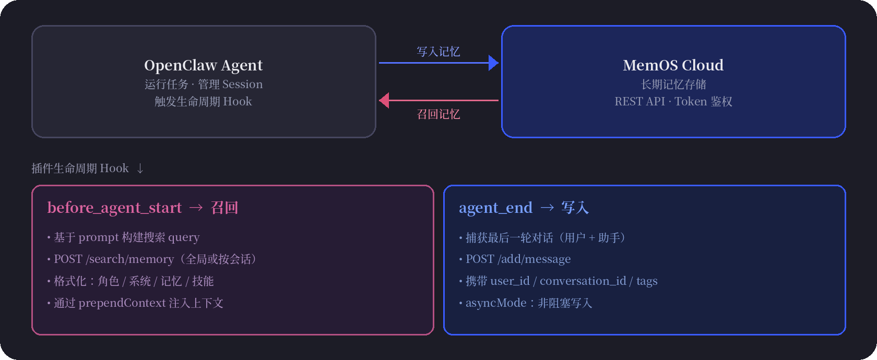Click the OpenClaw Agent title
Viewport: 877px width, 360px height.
[203, 65]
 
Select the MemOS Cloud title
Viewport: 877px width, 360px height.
[673, 65]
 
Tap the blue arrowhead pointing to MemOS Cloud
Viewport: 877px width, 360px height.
[493, 63]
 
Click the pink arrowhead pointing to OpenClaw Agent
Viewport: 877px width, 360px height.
[385, 100]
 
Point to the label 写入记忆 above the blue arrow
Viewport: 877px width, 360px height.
[438, 52]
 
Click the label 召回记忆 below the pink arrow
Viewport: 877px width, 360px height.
[438, 114]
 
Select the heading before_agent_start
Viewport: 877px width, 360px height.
[114, 208]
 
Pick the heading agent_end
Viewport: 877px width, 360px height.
[495, 208]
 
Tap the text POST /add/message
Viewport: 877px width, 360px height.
[518, 259]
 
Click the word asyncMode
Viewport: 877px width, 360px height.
[496, 303]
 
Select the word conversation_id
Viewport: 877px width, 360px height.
[583, 281]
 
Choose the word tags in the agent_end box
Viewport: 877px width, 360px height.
[647, 281]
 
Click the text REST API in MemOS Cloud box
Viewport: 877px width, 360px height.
[639, 101]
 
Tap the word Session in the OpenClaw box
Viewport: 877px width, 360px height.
[242, 84]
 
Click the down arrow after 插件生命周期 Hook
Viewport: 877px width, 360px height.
[140, 169]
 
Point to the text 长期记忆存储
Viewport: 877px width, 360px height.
[673, 84]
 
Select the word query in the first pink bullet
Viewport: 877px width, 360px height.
[184, 237]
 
